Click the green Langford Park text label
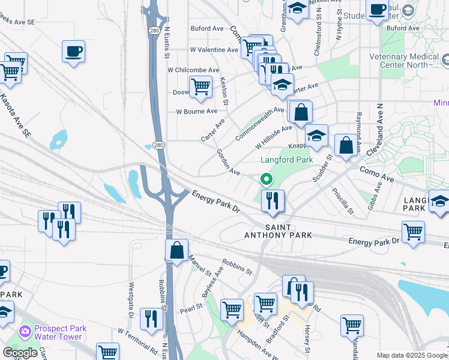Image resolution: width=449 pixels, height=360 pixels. pos(287,160)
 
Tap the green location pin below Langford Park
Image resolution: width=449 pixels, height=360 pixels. pos(265,179)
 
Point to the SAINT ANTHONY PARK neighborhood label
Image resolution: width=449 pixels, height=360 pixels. pos(277,232)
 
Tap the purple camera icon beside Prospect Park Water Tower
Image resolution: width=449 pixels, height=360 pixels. pos(25,331)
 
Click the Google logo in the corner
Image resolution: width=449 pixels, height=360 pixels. pos(20,353)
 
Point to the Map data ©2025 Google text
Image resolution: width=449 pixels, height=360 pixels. pos(411,355)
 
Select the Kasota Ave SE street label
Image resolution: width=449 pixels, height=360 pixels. pos(15,116)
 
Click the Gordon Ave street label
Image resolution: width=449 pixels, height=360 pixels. pos(228,162)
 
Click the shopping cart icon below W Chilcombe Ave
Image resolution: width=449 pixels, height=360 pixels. pos(200,86)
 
